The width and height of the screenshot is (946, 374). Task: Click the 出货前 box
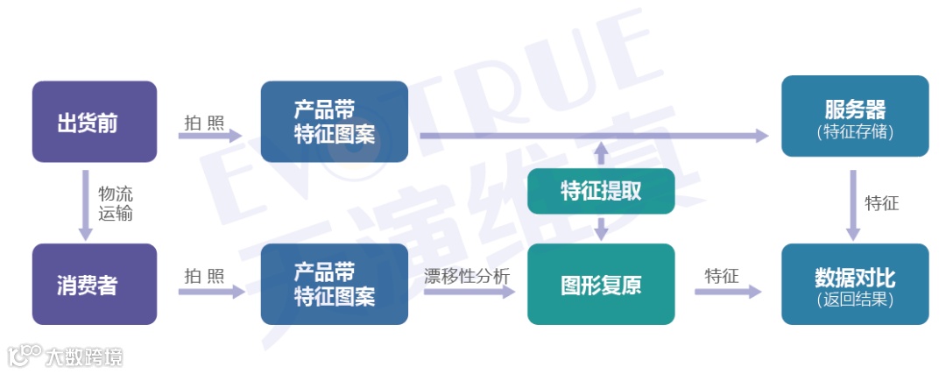tap(95, 122)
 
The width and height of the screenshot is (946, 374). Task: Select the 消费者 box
tap(95, 284)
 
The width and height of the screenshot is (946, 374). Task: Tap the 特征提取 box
tap(601, 191)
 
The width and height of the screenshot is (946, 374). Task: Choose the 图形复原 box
tap(601, 284)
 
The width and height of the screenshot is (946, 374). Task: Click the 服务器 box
tap(854, 116)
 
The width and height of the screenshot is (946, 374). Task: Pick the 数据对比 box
tap(854, 284)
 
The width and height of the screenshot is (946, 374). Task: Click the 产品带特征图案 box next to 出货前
tap(335, 122)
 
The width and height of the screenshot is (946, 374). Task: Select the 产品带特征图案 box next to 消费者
tap(335, 284)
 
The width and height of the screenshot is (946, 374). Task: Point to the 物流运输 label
tap(116, 203)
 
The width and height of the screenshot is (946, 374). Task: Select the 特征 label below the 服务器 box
tap(882, 203)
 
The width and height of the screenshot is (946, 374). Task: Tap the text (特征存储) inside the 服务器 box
tap(854, 132)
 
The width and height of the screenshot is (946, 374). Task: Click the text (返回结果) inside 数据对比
tap(854, 300)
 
